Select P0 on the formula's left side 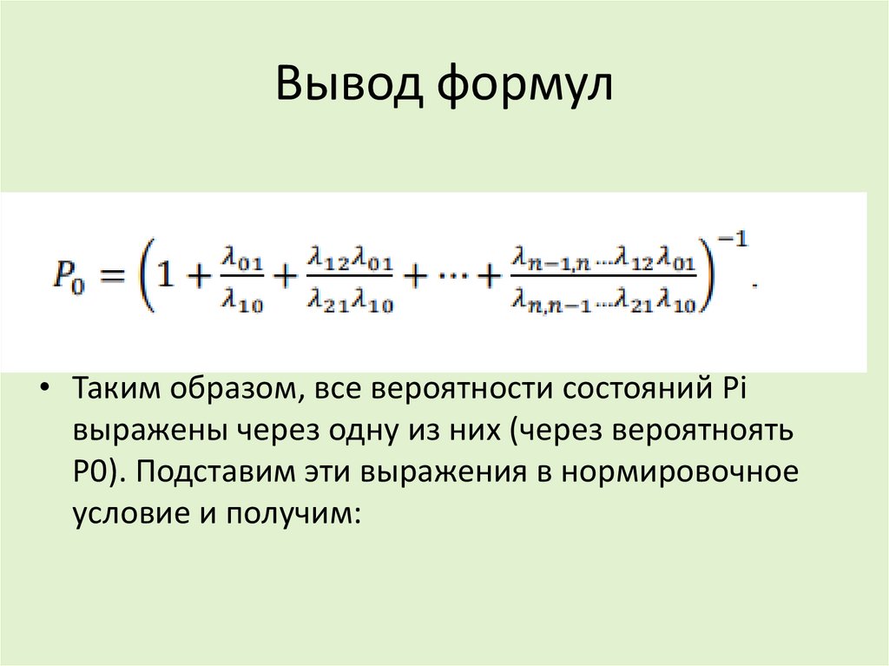coord(68,278)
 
